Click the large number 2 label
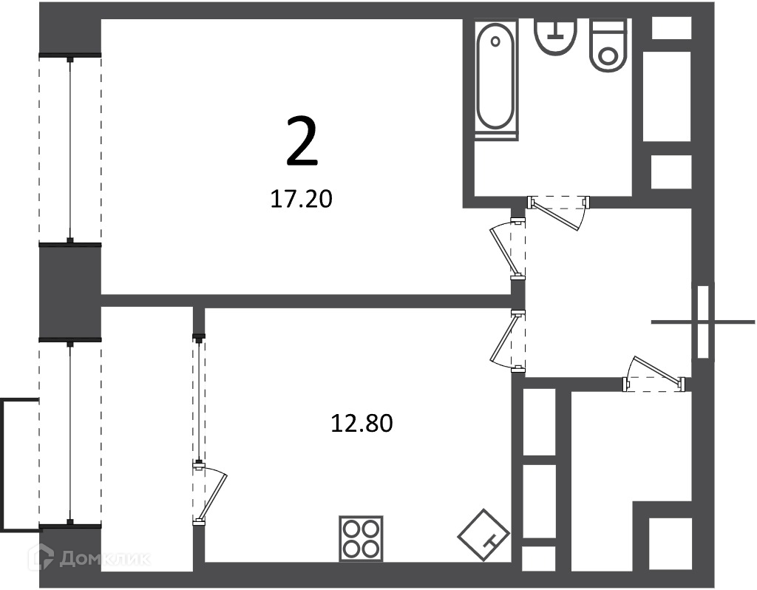[302, 142]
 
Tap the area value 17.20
[302, 199]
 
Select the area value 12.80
[361, 424]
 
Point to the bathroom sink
[556, 36]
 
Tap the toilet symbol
[609, 46]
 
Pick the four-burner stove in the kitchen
[361, 538]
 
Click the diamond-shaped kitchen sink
[483, 535]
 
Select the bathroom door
[558, 211]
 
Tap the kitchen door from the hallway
[508, 342]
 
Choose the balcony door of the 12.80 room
[208, 492]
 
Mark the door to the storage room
[654, 376]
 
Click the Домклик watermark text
[105, 559]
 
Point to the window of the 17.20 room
[70, 149]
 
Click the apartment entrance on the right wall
[703, 322]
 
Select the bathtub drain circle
[495, 41]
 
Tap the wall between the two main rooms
[306, 301]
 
